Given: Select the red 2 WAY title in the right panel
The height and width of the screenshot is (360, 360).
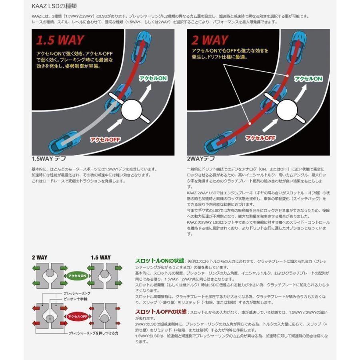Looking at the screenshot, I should tap(211, 40).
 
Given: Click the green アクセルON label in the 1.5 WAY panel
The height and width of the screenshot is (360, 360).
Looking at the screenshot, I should tap(153, 78).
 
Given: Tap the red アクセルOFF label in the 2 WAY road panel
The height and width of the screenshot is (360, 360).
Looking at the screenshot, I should tap(260, 138).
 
